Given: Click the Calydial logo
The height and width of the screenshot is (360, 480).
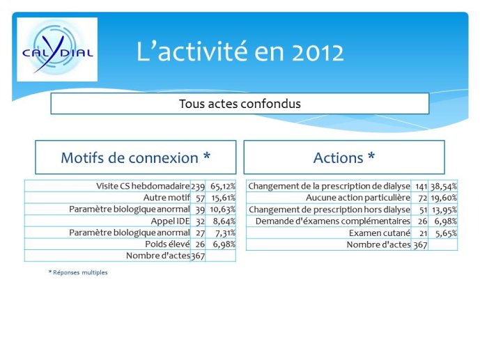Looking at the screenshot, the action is (57, 49).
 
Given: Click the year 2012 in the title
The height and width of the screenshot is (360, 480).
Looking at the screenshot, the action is (318, 52).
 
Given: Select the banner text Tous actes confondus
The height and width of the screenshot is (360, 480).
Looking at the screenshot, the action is (240, 104).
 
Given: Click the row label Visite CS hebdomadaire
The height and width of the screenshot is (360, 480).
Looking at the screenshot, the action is (143, 186).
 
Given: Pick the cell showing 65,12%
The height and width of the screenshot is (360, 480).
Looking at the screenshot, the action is (223, 187).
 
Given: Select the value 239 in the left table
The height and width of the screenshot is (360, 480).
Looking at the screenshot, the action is (198, 187).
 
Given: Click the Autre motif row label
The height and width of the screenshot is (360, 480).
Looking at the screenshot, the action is (167, 198).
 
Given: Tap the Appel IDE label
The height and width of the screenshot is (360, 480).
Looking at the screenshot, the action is (170, 221).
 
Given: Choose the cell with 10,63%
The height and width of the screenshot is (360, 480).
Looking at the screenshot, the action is (222, 210).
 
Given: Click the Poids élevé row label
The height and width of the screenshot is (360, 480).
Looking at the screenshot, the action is (167, 244).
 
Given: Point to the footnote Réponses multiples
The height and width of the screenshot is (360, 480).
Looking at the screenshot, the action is (78, 272).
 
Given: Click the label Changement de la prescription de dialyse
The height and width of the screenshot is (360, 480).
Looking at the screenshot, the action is (329, 186).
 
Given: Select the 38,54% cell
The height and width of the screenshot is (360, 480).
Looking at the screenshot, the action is (444, 187).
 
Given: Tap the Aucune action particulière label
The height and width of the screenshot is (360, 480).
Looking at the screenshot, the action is (358, 198).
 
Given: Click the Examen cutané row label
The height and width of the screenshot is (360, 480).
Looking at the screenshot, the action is (380, 233).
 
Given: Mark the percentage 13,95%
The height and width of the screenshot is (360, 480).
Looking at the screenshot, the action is (444, 210).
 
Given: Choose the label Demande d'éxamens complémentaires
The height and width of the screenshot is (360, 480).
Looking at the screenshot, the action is (333, 221).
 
